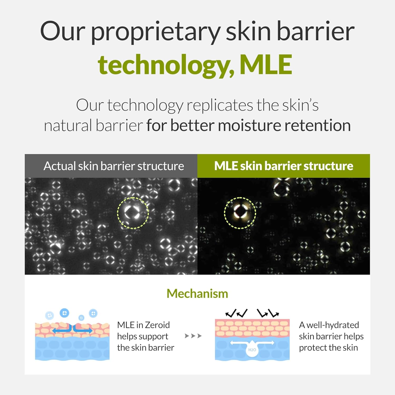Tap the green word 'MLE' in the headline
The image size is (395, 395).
click(266, 65)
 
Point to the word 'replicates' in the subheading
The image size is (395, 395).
click(220, 105)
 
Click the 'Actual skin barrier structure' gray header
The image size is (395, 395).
click(111, 166)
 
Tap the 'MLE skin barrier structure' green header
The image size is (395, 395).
click(284, 166)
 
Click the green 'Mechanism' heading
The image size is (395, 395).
click(197, 294)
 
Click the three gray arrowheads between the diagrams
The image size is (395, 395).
click(193, 336)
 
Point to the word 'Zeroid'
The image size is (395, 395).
click(157, 325)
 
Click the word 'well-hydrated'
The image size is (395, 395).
click(333, 325)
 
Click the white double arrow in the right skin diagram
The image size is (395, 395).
click(252, 343)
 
